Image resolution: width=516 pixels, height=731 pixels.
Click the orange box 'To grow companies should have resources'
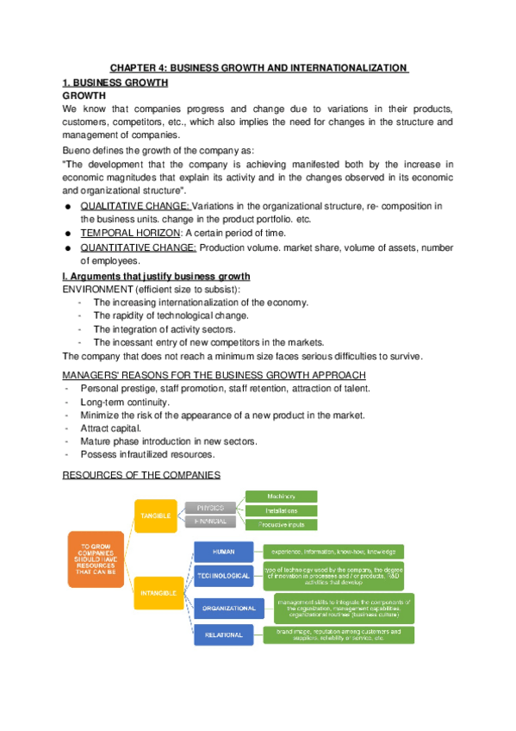(96, 559)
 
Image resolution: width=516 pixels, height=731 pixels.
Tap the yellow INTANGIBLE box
(155, 592)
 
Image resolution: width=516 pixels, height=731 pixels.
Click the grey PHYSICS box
(209, 509)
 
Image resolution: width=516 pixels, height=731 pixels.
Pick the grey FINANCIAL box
(209, 522)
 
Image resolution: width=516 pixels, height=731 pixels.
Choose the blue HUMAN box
(223, 550)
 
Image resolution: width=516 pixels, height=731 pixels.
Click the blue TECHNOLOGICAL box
(222, 575)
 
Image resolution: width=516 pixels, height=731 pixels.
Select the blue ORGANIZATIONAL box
(229, 608)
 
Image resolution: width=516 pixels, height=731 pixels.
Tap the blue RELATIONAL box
(223, 635)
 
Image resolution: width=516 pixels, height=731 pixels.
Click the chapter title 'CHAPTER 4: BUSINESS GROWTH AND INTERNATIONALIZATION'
(258, 67)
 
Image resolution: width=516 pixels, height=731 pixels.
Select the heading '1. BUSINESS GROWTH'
(115, 83)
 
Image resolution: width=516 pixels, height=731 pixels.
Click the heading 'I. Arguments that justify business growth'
(157, 276)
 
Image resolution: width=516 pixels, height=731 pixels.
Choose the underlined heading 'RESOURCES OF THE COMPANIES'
(141, 475)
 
